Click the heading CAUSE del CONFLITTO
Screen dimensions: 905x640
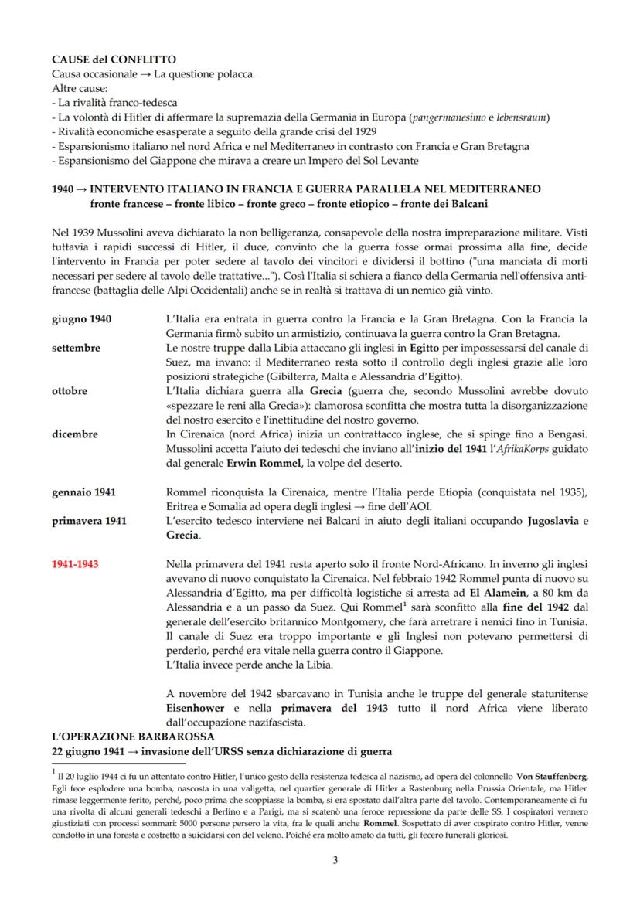tap(114, 59)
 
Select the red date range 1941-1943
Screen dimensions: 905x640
tap(75, 564)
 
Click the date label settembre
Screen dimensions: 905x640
tap(76, 348)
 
